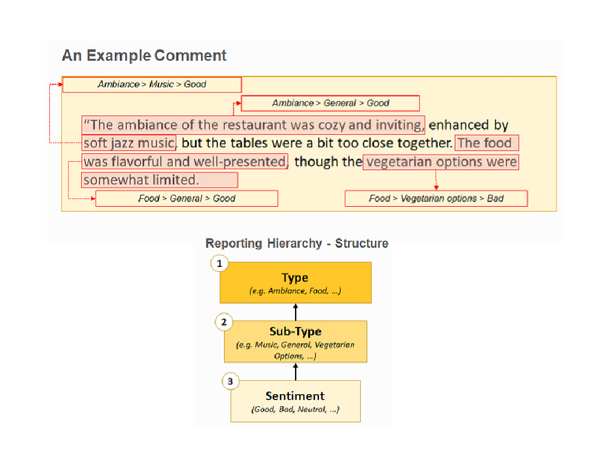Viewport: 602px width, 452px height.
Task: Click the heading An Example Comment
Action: coord(144,55)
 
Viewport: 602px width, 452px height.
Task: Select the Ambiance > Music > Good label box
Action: coord(152,84)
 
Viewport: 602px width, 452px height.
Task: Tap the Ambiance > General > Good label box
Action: coord(330,103)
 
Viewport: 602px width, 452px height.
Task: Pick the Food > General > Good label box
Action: coord(187,198)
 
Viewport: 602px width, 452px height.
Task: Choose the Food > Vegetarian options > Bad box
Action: coord(436,198)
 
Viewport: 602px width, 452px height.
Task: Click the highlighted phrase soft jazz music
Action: coord(129,143)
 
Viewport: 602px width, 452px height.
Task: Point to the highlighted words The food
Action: coord(486,143)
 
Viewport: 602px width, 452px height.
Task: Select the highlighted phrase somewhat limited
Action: coord(160,180)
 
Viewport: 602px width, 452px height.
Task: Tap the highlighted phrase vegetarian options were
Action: coord(441,162)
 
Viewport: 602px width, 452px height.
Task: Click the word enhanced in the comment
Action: coord(458,125)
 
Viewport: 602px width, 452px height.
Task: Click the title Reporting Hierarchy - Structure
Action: coord(297,243)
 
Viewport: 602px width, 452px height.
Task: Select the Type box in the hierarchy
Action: coord(296,283)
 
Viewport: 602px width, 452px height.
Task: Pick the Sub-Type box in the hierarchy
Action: coord(296,342)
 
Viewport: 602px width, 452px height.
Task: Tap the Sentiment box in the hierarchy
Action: coord(296,401)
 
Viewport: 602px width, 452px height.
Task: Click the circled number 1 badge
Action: coord(220,264)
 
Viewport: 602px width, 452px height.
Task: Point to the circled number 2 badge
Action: coord(224,322)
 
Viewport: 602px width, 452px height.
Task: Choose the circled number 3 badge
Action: coord(231,381)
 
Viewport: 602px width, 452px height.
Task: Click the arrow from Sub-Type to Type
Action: coord(296,312)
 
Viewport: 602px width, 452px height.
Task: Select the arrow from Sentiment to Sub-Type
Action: coord(296,372)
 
